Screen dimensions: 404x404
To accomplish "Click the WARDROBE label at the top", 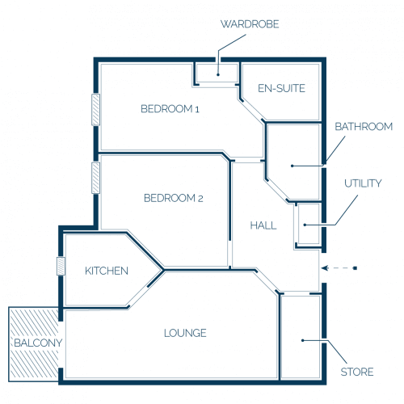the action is click(x=250, y=24).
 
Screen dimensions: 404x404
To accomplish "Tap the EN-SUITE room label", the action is click(x=281, y=88).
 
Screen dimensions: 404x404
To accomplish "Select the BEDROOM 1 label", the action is click(x=170, y=109).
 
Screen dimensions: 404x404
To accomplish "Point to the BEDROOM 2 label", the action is click(x=174, y=198).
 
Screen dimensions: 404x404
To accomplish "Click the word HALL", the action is click(x=263, y=225).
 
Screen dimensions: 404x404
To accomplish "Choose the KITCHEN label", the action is click(x=107, y=271).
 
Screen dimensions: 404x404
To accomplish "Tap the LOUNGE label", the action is click(x=185, y=333).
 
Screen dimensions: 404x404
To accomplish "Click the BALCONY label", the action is click(x=38, y=343).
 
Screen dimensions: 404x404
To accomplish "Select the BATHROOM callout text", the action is click(x=364, y=127).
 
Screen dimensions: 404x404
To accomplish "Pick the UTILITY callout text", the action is click(x=363, y=183).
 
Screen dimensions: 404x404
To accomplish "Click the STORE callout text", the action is click(x=357, y=372).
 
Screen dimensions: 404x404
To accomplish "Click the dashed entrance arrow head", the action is click(x=325, y=268).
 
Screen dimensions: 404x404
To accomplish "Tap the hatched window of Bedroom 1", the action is click(x=95, y=109).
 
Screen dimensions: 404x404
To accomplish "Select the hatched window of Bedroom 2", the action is click(x=95, y=178).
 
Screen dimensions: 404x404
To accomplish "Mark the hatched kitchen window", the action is click(x=61, y=266).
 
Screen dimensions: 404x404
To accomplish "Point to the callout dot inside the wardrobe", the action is click(x=218, y=74).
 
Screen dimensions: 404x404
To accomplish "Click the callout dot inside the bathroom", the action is click(x=292, y=166).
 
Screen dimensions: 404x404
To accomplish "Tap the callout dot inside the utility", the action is click(x=305, y=225).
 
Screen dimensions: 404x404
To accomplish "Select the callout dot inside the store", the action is click(x=302, y=340).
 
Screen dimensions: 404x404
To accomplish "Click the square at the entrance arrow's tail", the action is click(x=356, y=268).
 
